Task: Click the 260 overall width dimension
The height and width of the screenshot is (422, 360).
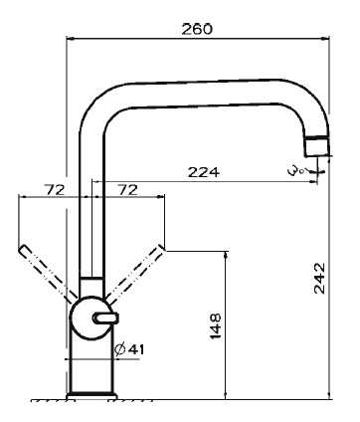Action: pos(197,29)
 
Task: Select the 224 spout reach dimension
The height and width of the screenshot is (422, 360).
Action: pos(204,172)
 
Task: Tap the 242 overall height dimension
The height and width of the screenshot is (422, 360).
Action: pos(320,278)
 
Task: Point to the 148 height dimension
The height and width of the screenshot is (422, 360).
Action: pos(216,325)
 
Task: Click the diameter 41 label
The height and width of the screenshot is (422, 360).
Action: pos(129,349)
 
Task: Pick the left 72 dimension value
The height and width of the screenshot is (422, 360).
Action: pos(55,190)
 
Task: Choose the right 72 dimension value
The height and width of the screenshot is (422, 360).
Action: pos(127,190)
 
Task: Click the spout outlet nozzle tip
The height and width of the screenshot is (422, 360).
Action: pos(317,146)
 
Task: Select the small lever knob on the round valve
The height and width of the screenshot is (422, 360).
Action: pos(105,317)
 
